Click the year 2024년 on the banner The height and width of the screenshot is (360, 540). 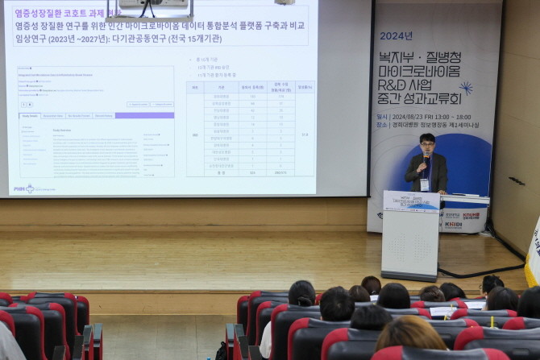(396, 35)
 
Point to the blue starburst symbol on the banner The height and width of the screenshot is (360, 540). (466, 87)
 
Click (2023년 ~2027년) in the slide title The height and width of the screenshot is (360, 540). (79, 39)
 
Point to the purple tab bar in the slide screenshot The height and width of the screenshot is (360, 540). (97, 116)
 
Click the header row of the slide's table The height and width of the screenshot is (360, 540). (250, 86)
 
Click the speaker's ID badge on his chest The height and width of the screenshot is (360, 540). (425, 184)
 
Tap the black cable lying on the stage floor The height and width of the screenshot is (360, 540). (484, 272)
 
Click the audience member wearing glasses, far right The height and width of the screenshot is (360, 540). (490, 284)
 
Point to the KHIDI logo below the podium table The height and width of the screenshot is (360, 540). (452, 225)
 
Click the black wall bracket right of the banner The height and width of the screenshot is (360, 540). (517, 181)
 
